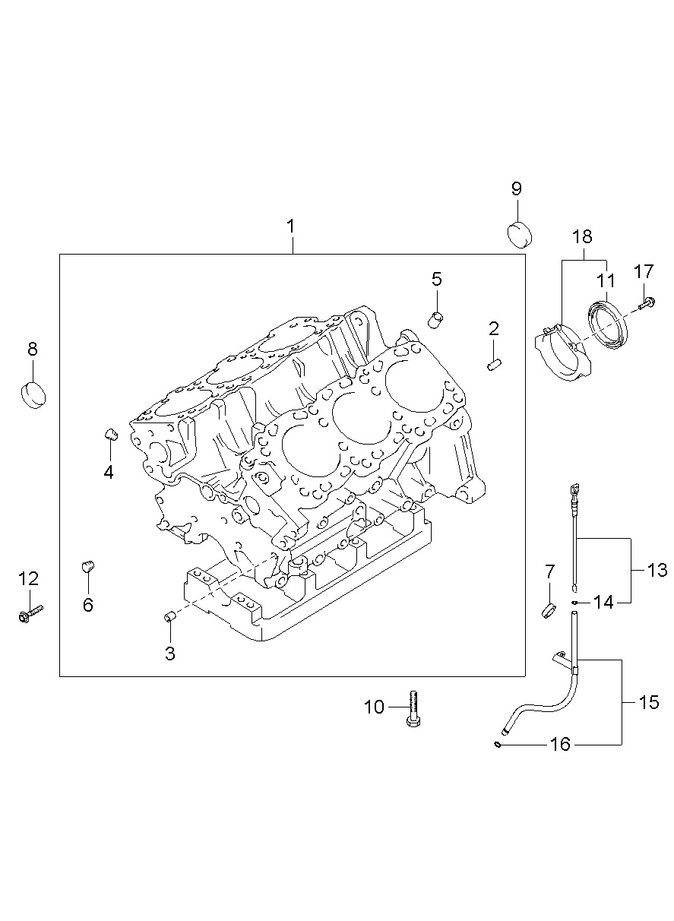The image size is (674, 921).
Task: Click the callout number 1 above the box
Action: click(x=290, y=226)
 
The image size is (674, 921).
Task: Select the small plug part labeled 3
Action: click(x=170, y=616)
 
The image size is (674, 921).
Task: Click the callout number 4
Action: click(x=109, y=473)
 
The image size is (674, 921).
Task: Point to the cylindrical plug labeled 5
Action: click(x=437, y=319)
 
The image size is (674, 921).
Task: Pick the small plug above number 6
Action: click(x=88, y=567)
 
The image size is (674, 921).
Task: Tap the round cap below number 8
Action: click(x=32, y=394)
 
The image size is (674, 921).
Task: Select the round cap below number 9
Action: click(x=519, y=233)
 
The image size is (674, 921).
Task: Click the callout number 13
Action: click(x=657, y=570)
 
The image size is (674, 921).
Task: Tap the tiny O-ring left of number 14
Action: click(x=577, y=603)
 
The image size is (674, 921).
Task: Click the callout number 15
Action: click(x=649, y=702)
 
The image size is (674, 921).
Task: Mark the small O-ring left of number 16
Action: click(x=497, y=744)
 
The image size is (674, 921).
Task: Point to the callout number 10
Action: click(x=375, y=707)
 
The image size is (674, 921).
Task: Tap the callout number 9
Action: click(x=516, y=188)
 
